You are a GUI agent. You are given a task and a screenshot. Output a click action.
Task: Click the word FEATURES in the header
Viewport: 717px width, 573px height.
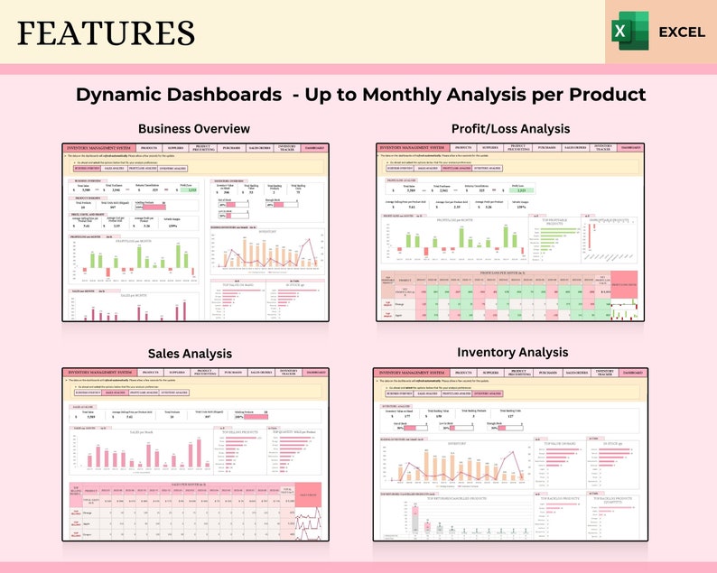pyautogui.click(x=105, y=32)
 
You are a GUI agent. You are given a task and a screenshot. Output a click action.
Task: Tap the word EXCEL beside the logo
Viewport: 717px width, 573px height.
pyautogui.click(x=682, y=32)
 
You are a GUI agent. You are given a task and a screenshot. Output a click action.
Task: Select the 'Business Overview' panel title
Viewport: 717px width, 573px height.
pyautogui.click(x=194, y=129)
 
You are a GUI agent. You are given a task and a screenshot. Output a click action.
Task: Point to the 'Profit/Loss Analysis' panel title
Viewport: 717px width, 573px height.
pyautogui.click(x=511, y=129)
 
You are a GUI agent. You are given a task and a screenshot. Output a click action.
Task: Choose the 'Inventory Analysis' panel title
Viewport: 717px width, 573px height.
pyautogui.click(x=512, y=352)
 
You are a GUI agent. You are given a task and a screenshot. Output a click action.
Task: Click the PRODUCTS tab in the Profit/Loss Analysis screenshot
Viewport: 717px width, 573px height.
pyautogui.click(x=463, y=146)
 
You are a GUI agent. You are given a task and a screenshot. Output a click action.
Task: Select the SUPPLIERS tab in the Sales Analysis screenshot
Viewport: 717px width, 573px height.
pyautogui.click(x=176, y=372)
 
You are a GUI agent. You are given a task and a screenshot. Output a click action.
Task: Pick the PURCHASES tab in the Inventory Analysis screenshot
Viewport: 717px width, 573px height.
pyautogui.click(x=547, y=372)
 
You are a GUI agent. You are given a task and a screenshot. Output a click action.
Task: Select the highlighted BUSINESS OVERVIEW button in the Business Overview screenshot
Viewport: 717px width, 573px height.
pyautogui.click(x=87, y=168)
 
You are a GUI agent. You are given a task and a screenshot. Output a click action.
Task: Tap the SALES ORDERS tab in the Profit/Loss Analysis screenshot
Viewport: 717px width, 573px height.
pyautogui.click(x=575, y=146)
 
